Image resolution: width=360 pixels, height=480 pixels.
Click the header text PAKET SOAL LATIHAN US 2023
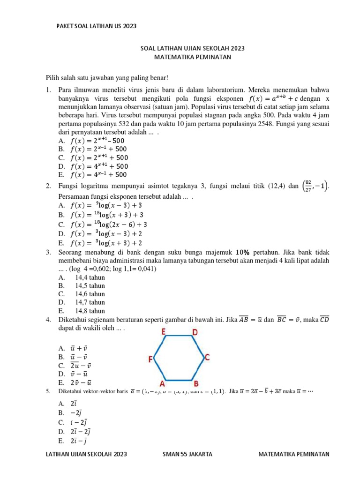96,26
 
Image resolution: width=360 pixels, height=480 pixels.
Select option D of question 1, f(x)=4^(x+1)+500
99,166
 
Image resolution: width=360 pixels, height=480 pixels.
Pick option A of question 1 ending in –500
99,141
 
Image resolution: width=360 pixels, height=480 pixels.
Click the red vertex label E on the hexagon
163,332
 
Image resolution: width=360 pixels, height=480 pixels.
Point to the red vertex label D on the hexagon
195,332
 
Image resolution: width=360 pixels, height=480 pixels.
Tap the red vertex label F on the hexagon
151,360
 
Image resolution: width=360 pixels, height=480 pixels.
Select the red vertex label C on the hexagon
207,358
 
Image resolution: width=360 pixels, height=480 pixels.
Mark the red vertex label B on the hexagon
196,384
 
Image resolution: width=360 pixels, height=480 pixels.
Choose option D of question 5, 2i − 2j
81,431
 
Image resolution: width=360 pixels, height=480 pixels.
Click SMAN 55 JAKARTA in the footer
187,454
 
